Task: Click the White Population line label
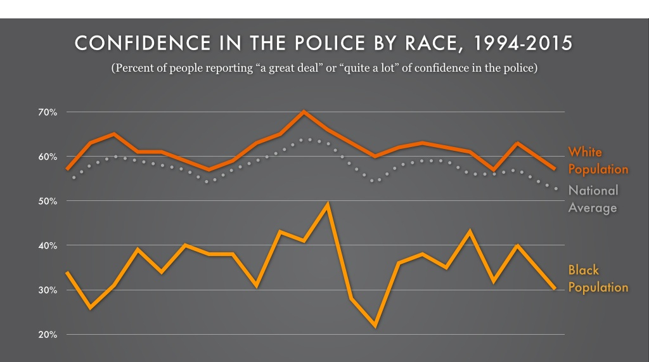click(598, 160)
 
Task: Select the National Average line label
click(593, 198)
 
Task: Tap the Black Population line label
click(598, 279)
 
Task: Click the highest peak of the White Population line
click(304, 112)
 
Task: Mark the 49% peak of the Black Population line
click(328, 205)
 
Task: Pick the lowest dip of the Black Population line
click(375, 326)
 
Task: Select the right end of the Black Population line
click(555, 289)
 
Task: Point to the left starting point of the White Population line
click(67, 169)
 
